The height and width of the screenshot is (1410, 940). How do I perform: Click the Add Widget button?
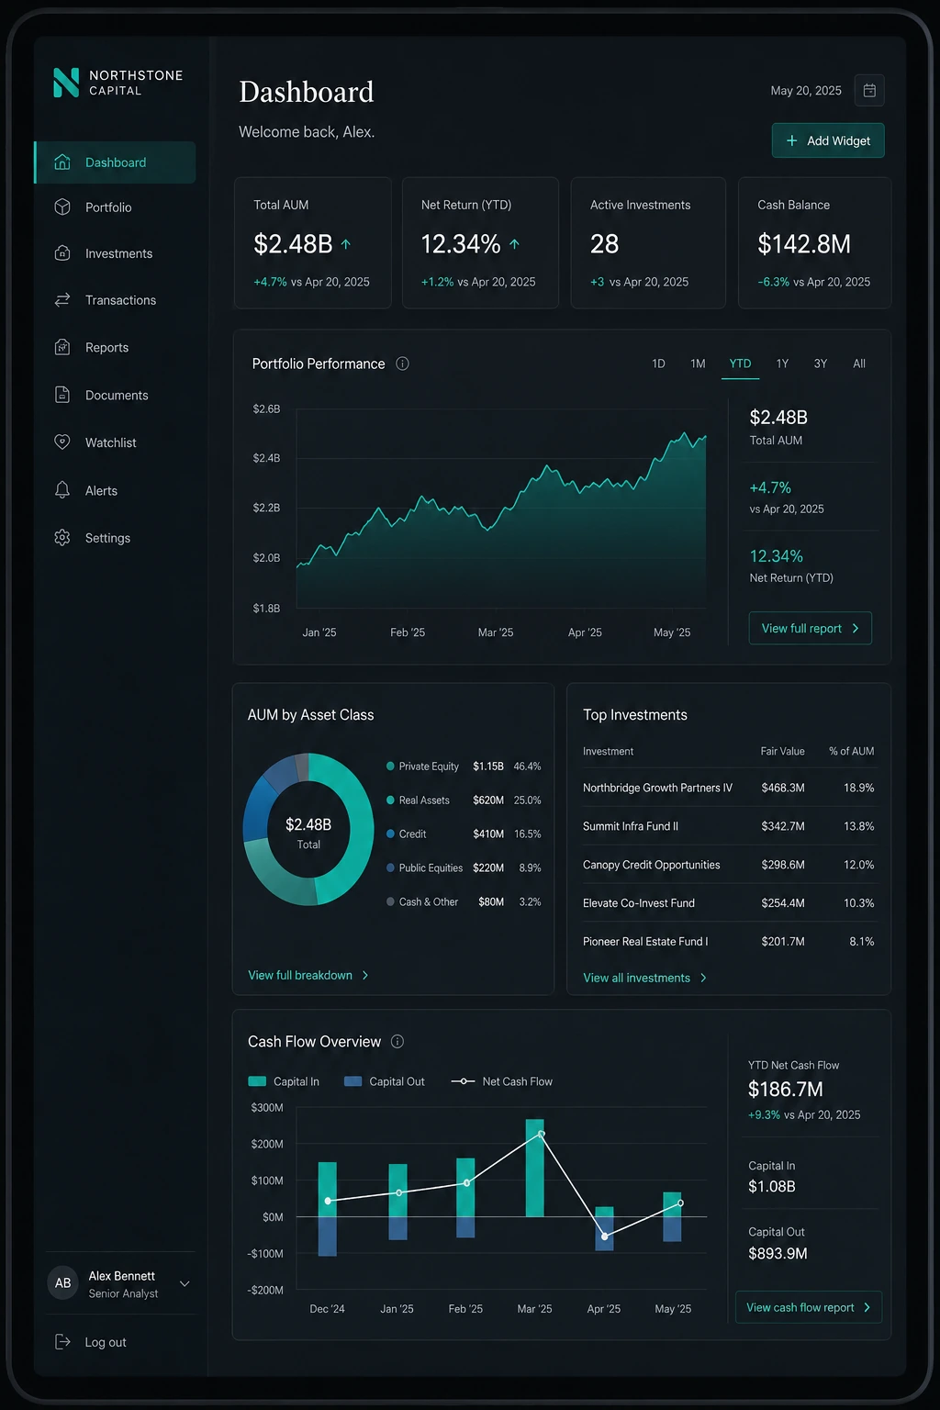[827, 140]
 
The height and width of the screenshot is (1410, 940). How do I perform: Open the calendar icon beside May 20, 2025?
[868, 91]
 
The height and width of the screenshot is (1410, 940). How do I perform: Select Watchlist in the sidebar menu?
[110, 442]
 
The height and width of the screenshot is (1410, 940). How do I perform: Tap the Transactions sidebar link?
[120, 300]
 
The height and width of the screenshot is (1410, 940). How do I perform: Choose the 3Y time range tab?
[820, 364]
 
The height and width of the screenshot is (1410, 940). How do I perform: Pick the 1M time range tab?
[698, 364]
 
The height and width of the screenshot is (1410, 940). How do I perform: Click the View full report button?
[810, 628]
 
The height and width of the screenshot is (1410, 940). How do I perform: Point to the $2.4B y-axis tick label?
[266, 458]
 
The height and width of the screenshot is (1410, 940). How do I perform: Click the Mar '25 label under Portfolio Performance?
[496, 632]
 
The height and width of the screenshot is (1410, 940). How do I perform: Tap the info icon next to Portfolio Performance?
[402, 364]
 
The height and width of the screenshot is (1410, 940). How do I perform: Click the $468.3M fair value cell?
[783, 788]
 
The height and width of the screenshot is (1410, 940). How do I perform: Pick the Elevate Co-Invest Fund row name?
[638, 902]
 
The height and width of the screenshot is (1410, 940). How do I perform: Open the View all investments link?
[644, 978]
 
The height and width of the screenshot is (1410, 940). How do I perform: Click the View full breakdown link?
[308, 975]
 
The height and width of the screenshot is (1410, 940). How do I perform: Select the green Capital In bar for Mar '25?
[534, 1168]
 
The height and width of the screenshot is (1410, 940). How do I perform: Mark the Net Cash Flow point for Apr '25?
[604, 1237]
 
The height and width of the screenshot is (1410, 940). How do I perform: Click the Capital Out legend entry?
[384, 1081]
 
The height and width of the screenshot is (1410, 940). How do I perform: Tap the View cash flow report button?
[809, 1307]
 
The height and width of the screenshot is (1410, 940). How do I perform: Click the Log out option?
[91, 1342]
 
